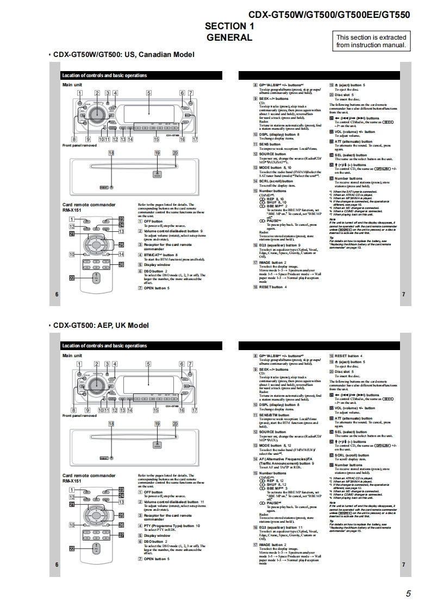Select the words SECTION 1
(229, 26)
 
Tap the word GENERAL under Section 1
(229, 37)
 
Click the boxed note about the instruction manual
(371, 41)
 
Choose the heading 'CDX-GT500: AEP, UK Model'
(101, 325)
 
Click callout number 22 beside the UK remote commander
(71, 549)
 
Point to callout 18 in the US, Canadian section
(111, 154)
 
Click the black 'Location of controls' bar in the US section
(141, 75)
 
